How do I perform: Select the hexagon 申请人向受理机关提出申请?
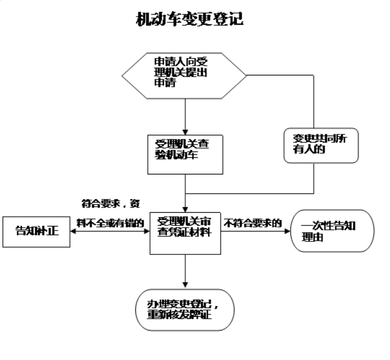(184, 76)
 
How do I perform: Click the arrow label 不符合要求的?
(252, 223)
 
